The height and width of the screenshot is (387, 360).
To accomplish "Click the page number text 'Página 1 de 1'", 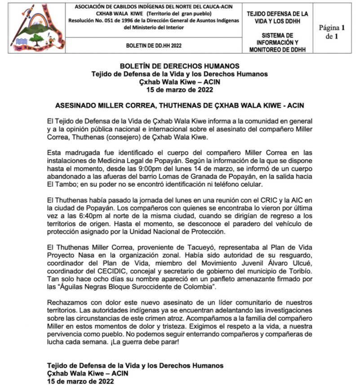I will click(332, 32).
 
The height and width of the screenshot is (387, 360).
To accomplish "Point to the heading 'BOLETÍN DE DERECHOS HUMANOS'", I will click(180, 66).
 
